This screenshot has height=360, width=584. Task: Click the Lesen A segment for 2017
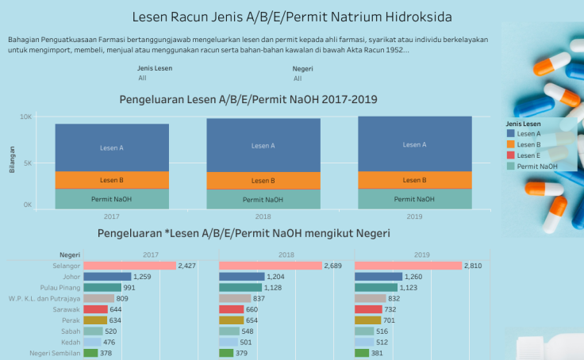(x=112, y=147)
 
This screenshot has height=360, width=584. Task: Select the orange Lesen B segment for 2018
(x=263, y=181)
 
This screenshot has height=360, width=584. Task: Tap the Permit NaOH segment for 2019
(x=414, y=199)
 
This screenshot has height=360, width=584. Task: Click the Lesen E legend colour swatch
(x=510, y=155)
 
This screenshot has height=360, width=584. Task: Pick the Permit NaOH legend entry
(x=536, y=167)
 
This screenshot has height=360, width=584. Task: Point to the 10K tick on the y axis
(x=26, y=117)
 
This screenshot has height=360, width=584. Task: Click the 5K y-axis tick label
(x=28, y=163)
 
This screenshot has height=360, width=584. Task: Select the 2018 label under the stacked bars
(x=263, y=216)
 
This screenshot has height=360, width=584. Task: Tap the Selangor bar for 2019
(x=408, y=266)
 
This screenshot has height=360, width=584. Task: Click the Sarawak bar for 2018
(x=231, y=309)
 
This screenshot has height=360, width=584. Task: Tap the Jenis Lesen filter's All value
(x=142, y=78)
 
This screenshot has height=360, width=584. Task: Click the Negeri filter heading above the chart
(x=302, y=68)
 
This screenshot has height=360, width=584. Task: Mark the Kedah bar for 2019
(x=370, y=343)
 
